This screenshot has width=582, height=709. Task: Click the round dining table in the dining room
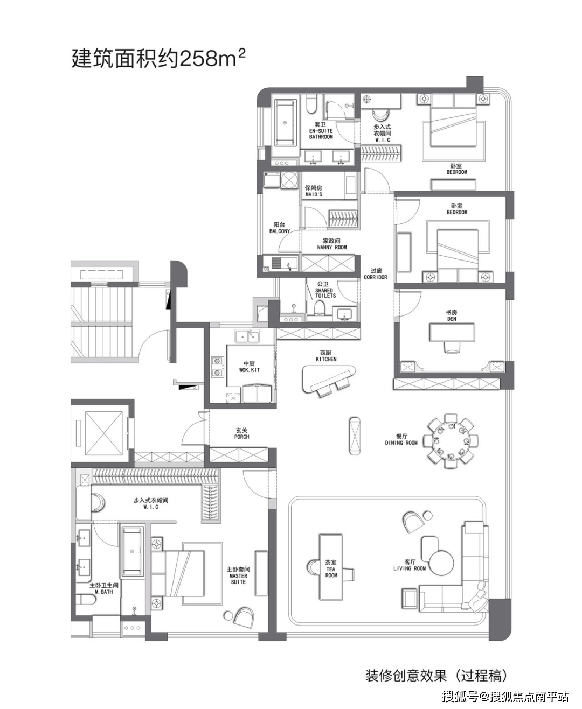[x=451, y=441]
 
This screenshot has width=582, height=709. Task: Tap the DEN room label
[x=452, y=319]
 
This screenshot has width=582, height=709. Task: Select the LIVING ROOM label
[x=410, y=568]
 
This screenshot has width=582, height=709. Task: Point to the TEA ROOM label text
[x=331, y=572]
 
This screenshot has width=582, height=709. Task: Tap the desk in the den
[x=452, y=333]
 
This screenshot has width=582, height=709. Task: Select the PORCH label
[x=241, y=437]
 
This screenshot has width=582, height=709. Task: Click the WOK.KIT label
[x=250, y=370]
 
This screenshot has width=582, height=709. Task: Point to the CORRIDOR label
[x=375, y=277]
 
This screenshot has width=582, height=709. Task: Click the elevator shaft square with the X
[x=103, y=433]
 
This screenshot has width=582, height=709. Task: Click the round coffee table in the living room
[x=442, y=563]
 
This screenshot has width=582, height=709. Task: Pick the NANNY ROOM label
[x=332, y=247]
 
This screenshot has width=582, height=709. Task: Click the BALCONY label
[x=279, y=231]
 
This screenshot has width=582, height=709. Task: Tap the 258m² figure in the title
[x=213, y=58]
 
